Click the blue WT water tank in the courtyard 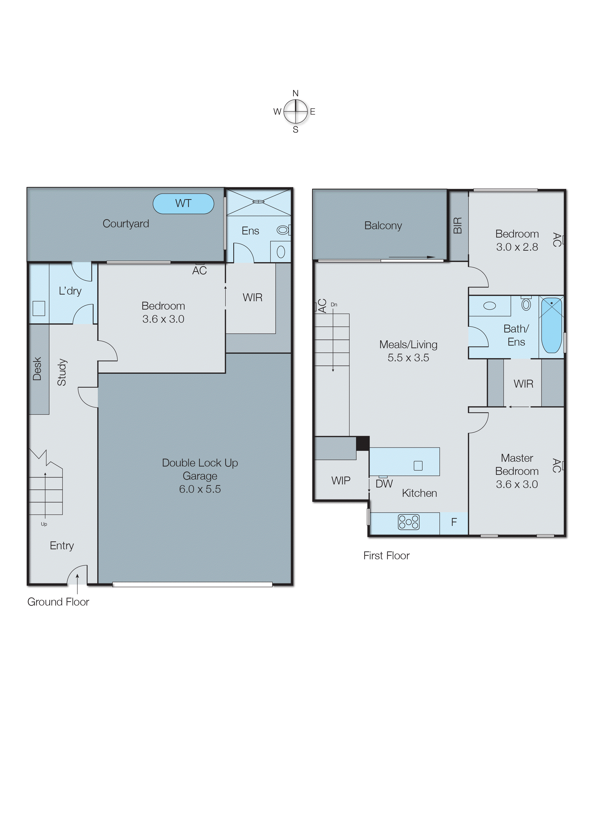183,203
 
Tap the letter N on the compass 295,93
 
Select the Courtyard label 126,223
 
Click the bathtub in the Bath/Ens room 551,325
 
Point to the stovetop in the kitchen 409,522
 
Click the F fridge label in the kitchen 454,522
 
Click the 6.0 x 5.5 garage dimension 200,489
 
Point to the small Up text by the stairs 44,524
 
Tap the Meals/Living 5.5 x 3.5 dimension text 408,358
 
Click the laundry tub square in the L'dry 39,308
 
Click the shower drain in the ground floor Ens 258,201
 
